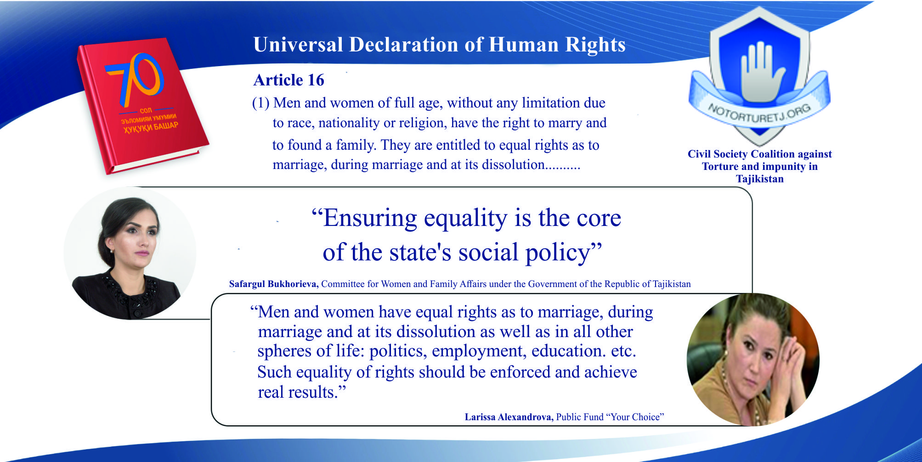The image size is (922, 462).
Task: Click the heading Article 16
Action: tap(288, 80)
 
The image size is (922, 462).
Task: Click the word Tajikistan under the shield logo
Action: tap(760, 179)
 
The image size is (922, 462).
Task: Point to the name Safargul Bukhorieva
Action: tap(273, 284)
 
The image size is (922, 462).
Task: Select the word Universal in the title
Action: tap(298, 45)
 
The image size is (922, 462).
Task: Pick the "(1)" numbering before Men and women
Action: tap(260, 103)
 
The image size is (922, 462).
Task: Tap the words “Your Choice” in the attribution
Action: tap(635, 417)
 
